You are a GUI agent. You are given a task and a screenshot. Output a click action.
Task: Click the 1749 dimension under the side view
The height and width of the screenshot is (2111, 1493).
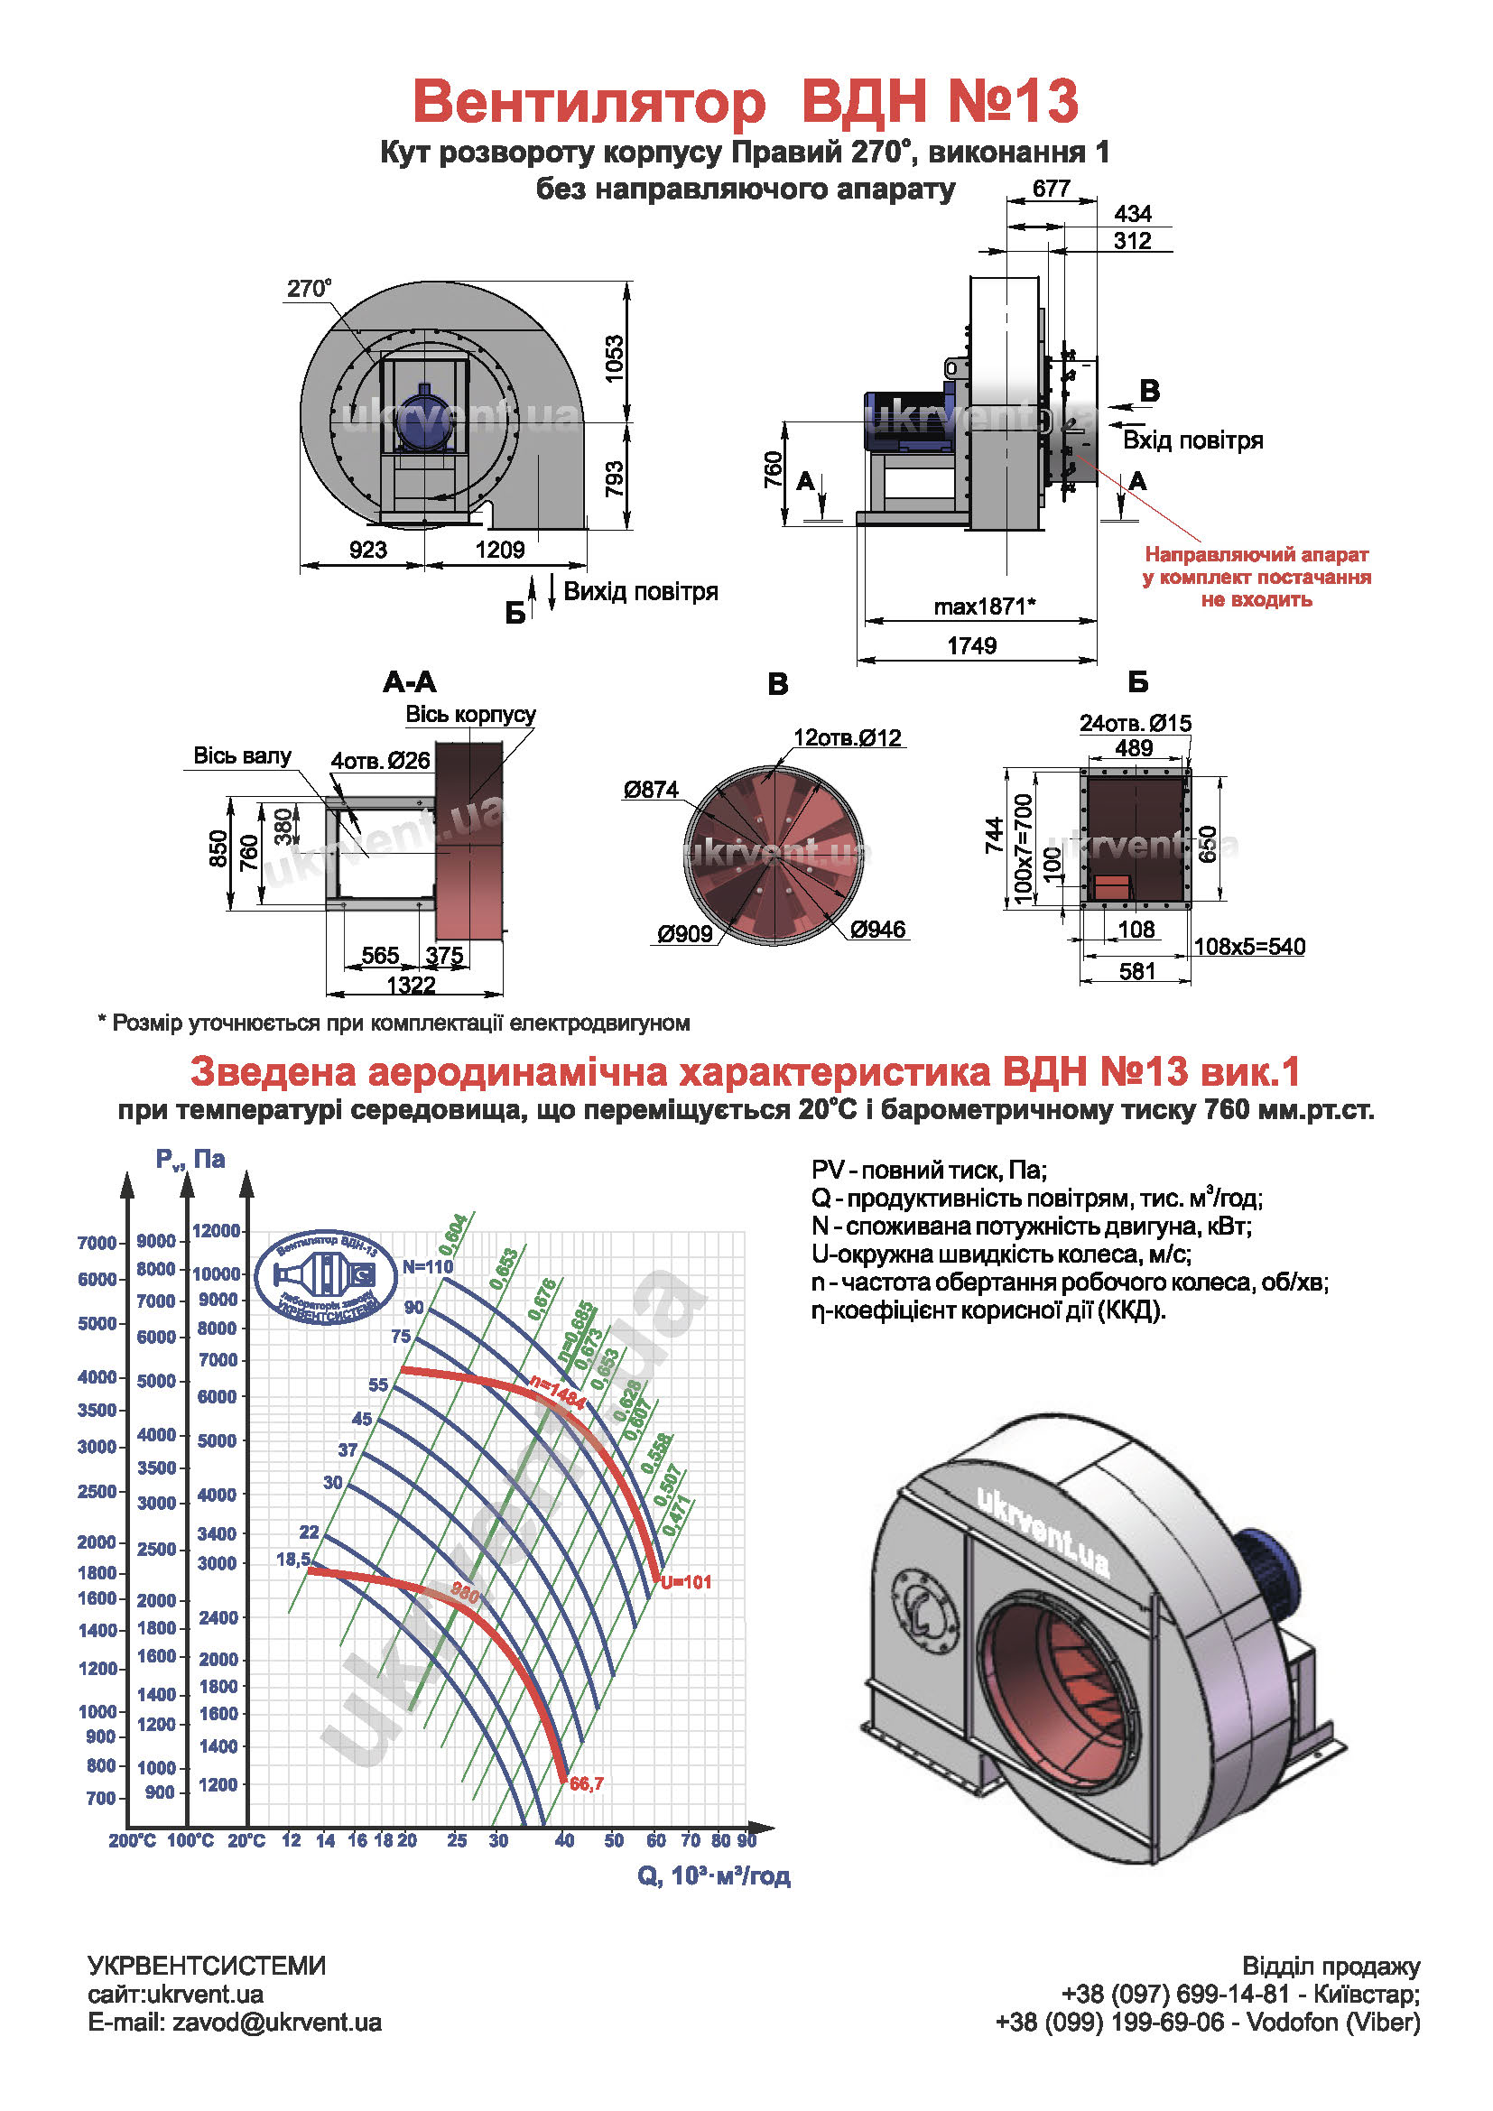point(972,645)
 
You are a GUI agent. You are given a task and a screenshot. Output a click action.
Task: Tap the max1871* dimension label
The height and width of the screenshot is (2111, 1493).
point(984,606)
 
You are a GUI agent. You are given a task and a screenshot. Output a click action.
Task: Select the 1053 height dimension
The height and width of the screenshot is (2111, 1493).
point(615,358)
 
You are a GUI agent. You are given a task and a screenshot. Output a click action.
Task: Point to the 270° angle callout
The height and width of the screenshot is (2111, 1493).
point(309,289)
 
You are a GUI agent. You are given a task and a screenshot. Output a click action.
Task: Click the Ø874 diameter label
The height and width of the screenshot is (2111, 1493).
point(651,790)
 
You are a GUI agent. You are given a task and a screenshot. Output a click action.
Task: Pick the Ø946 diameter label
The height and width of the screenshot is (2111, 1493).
point(878,930)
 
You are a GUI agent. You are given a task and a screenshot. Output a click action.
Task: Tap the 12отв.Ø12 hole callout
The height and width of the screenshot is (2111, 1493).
point(848,737)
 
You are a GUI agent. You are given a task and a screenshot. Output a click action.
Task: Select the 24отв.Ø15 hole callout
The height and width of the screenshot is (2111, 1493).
point(1136,723)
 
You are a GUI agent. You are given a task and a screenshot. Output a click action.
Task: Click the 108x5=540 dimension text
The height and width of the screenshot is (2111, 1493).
point(1249,946)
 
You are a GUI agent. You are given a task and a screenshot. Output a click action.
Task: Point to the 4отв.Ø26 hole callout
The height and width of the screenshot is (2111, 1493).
point(381,760)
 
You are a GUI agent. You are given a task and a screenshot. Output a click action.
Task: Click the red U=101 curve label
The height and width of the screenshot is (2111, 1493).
point(686,1582)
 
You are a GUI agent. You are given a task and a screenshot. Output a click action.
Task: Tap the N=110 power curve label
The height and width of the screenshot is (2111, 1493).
point(429,1267)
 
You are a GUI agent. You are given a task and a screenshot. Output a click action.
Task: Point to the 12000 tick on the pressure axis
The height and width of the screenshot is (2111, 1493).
point(216,1231)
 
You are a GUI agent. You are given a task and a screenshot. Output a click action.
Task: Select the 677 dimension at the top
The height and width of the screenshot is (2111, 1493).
point(1051,189)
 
